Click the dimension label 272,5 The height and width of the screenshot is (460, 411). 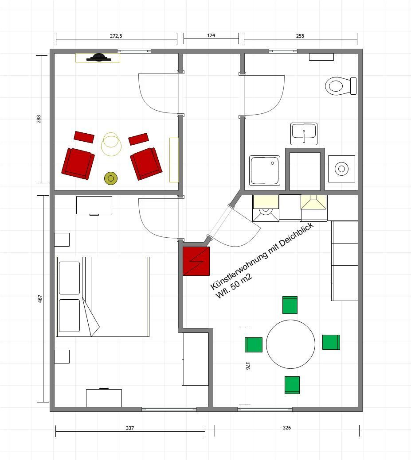116,36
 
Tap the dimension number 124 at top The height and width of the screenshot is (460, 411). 211,35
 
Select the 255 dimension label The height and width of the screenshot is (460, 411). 300,36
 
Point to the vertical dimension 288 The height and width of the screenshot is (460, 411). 39,119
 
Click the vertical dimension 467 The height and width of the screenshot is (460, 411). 40,299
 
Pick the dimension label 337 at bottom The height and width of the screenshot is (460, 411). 130,428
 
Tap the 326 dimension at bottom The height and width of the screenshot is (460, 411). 287,428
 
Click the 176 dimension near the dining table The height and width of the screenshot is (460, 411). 248,366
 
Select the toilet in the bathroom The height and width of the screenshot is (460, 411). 341,86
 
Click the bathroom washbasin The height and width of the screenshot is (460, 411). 304,134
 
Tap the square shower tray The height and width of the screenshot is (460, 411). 265,170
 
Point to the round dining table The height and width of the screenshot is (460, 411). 290,344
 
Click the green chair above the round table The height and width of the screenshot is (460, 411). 290,305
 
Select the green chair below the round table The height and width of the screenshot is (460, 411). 292,385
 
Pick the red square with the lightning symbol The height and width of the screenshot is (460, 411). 196,261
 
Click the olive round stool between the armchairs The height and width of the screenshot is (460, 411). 111,178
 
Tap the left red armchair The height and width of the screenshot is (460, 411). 78,163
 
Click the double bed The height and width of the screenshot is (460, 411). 102,297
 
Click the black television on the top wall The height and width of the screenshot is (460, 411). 99,57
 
